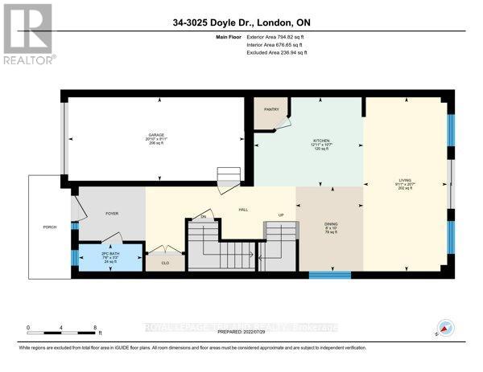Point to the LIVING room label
tap(405, 180)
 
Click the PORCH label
tap(50, 227)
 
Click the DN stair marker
tap(204, 217)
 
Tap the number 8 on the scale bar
tap(96, 329)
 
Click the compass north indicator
tap(443, 328)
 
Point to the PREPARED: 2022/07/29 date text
tap(242, 334)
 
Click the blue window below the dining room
tap(330, 275)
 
